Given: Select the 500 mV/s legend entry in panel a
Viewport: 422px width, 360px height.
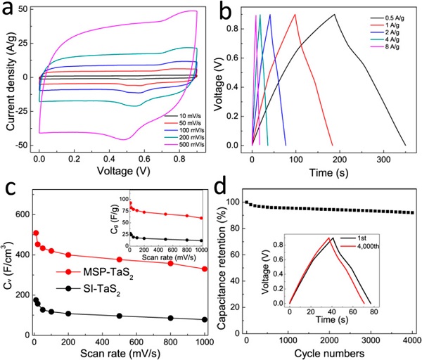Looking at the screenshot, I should (180, 133).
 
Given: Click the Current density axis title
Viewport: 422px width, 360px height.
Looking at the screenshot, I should (8, 76).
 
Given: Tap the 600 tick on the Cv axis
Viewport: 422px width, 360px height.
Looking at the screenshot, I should (26, 214).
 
